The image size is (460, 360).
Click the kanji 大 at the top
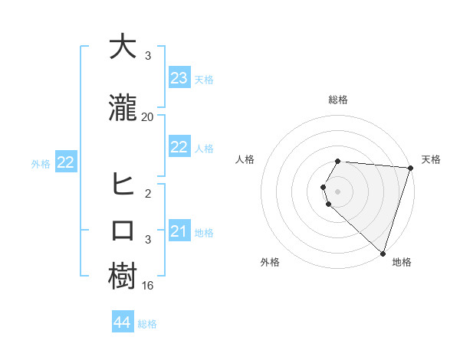coord(123,46)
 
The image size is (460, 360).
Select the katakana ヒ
coord(123,184)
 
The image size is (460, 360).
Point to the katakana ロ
coord(123,231)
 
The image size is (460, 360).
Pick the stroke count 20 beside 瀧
coord(148,116)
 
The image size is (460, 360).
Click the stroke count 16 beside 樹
coord(148,286)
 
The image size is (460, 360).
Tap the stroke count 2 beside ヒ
coord(148,194)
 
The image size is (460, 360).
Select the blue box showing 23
coord(179,77)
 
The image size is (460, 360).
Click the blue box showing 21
coord(179,231)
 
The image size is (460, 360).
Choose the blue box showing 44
coord(123,322)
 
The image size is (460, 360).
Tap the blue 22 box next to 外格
coord(65,162)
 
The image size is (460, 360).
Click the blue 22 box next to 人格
coord(179,147)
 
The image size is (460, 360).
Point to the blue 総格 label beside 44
coord(147,324)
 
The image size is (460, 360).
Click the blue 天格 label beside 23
coord(204,80)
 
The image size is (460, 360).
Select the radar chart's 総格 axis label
coord(338,100)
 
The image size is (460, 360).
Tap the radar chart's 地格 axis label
coord(402,262)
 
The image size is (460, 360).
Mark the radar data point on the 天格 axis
coord(410,168)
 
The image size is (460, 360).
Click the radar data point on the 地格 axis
coord(383,252)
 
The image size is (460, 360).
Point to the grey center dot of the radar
coord(338,191)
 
